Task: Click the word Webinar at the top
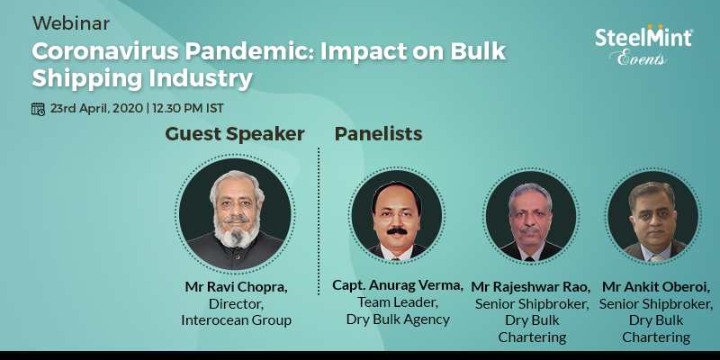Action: tap(71, 23)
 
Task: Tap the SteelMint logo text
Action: tap(643, 37)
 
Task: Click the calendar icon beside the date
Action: tap(38, 109)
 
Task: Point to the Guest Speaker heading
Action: tap(235, 134)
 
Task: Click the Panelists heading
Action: tap(378, 134)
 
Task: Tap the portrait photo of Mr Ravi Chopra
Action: tap(235, 214)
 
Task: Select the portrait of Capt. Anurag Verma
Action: tap(397, 216)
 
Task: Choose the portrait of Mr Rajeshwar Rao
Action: tap(531, 216)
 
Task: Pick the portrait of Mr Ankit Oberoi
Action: tap(653, 216)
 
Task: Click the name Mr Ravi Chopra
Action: tap(237, 287)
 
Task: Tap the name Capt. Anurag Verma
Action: tap(398, 285)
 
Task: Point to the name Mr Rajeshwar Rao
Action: tap(531, 287)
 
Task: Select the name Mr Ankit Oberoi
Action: tap(656, 287)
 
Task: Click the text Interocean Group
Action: tap(237, 320)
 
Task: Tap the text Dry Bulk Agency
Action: tap(398, 319)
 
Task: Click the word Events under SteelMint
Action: tap(638, 58)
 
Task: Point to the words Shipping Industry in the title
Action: tap(142, 78)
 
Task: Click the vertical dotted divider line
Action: tap(319, 220)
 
